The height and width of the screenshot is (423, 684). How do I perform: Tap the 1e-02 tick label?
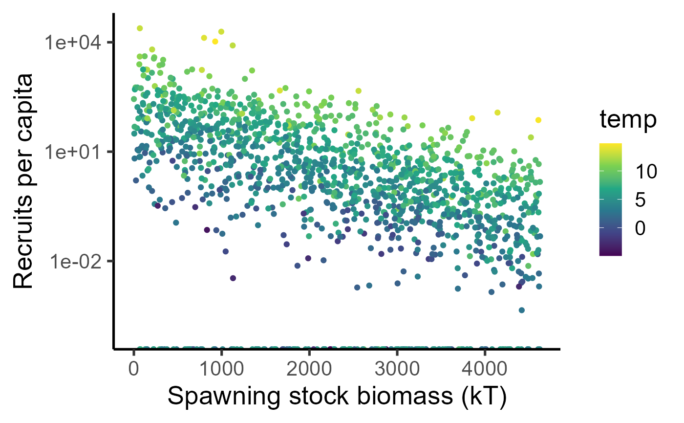pyautogui.click(x=73, y=261)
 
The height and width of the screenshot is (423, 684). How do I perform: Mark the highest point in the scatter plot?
pyautogui.click(x=140, y=28)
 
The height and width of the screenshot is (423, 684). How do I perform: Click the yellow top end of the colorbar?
pyautogui.click(x=610, y=145)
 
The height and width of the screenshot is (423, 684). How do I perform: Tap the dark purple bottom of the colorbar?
pyautogui.click(x=610, y=253)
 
